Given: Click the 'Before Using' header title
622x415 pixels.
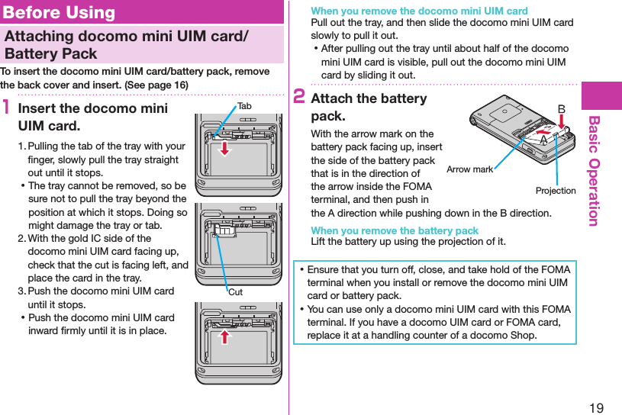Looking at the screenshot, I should click(x=59, y=12).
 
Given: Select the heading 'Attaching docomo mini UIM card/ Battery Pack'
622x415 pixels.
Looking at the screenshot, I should click(x=125, y=45).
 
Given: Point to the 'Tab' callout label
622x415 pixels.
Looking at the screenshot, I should click(x=244, y=106).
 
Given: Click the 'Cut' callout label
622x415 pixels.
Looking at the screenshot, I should click(x=236, y=292).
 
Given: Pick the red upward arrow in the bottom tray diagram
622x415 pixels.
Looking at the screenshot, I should click(x=225, y=336).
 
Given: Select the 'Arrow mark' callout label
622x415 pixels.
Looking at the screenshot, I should click(x=469, y=169).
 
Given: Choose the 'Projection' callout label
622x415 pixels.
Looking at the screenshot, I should click(x=555, y=190).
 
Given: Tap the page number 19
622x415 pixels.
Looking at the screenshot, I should click(x=596, y=407).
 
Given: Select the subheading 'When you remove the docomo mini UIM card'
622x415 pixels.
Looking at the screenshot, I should click(x=419, y=11).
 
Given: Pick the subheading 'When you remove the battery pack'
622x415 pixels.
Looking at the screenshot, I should click(x=395, y=230).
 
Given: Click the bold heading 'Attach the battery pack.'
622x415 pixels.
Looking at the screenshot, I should click(x=369, y=108).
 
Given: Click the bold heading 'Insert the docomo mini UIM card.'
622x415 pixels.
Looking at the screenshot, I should click(x=92, y=117).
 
